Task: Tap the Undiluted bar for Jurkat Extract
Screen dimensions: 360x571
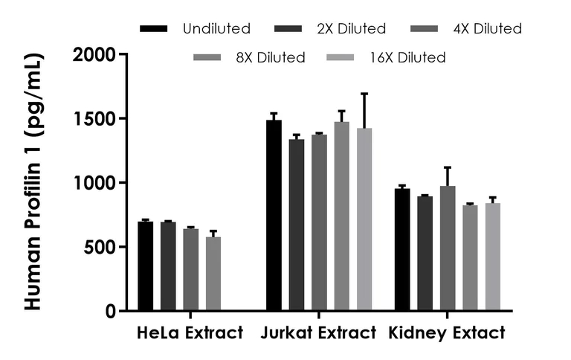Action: point(274,215)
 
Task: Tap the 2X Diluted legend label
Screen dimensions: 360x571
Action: point(352,29)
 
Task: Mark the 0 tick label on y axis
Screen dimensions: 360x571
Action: point(111,311)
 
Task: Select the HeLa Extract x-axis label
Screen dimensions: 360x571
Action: point(190,333)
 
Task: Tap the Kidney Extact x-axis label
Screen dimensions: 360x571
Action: point(447,333)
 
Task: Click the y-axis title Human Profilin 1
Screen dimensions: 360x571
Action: point(34,182)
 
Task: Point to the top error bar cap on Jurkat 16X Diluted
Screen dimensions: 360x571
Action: point(364,94)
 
